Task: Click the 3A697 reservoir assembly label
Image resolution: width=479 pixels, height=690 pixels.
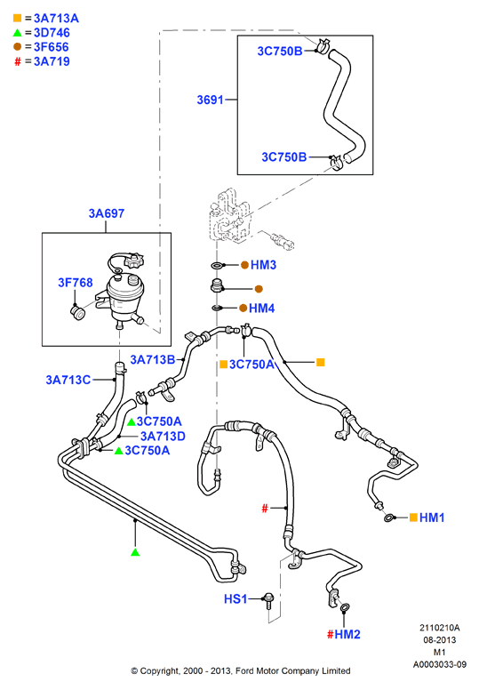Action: (x=107, y=213)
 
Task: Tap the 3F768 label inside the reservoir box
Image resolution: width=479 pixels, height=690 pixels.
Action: (x=76, y=283)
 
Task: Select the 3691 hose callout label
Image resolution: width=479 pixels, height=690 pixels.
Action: (x=211, y=100)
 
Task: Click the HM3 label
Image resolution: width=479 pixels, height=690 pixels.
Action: (x=263, y=265)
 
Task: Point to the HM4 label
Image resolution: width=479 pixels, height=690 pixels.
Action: (x=261, y=308)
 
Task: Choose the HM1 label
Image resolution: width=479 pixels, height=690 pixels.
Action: (x=432, y=517)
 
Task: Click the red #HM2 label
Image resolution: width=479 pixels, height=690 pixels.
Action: (x=344, y=634)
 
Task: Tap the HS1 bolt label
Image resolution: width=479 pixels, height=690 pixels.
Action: (x=236, y=599)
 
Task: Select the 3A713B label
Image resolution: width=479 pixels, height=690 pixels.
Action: (x=153, y=359)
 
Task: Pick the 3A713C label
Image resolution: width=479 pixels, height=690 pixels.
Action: (x=68, y=380)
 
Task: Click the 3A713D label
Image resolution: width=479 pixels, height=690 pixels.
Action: (x=163, y=436)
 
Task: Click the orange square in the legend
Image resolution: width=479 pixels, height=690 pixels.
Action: (x=17, y=18)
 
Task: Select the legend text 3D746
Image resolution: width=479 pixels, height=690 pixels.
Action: (x=52, y=33)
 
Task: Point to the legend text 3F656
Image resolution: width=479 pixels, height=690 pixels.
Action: (x=51, y=47)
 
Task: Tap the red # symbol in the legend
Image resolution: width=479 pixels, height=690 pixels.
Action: (x=18, y=61)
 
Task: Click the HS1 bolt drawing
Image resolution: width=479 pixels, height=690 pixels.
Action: (x=268, y=600)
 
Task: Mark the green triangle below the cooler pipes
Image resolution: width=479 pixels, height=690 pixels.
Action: (x=135, y=552)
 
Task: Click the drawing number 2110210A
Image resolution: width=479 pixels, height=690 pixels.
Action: (x=439, y=628)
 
